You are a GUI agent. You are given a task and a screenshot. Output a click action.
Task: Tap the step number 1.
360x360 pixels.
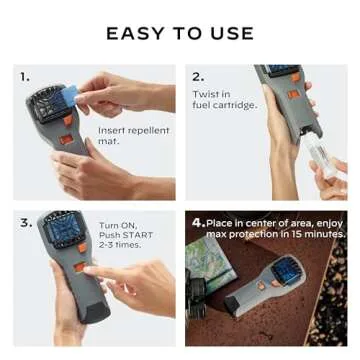tap(25, 76)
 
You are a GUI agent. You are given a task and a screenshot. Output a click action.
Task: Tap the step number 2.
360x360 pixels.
tap(198, 76)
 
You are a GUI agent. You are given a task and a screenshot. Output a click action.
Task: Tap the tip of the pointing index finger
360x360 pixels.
tap(87, 269)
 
